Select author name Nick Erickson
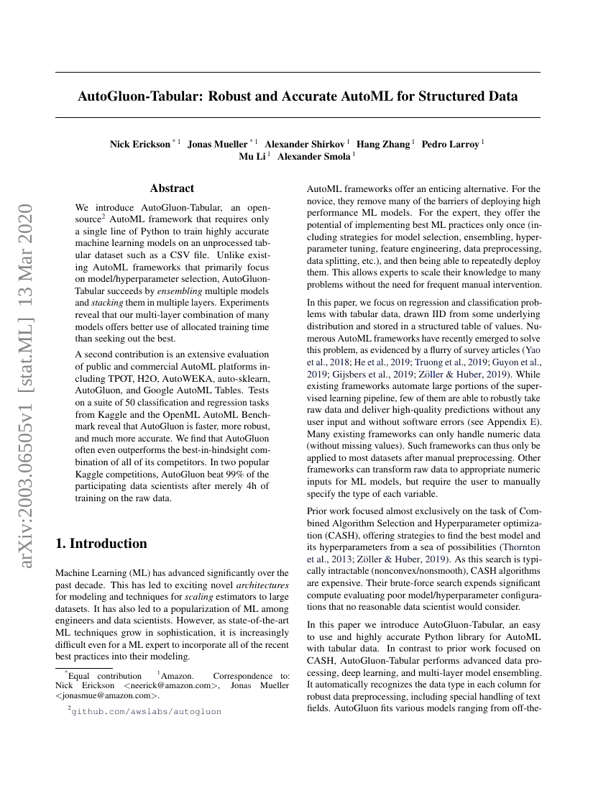[140, 144]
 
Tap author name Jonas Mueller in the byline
[217, 144]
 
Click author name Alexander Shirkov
[305, 144]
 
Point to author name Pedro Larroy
[450, 144]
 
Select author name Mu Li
[252, 155]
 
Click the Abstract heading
[172, 188]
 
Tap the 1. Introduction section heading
[101, 544]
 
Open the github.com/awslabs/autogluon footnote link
[147, 711]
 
